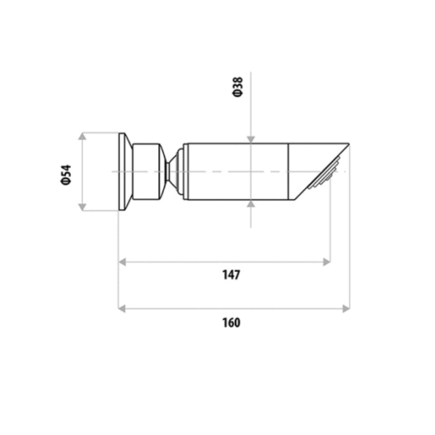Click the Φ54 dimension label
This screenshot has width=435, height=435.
pyautogui.click(x=66, y=173)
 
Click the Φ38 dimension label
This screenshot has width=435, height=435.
pyautogui.click(x=237, y=87)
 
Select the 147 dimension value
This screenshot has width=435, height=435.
pyautogui.click(x=231, y=275)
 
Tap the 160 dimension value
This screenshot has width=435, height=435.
pyautogui.click(x=231, y=322)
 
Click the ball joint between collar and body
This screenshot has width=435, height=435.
pyautogui.click(x=175, y=171)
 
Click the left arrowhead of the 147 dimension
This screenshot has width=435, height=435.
pyautogui.click(x=123, y=262)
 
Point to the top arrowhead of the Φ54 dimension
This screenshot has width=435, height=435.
pyautogui.click(x=82, y=136)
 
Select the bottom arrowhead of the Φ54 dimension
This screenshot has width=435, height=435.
pyautogui.click(x=82, y=206)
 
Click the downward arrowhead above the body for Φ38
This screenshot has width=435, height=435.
pyautogui.click(x=251, y=139)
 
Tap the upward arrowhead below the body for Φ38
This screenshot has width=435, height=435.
pyautogui.click(x=251, y=204)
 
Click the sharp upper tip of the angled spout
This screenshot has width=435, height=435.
pyautogui.click(x=347, y=144)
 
